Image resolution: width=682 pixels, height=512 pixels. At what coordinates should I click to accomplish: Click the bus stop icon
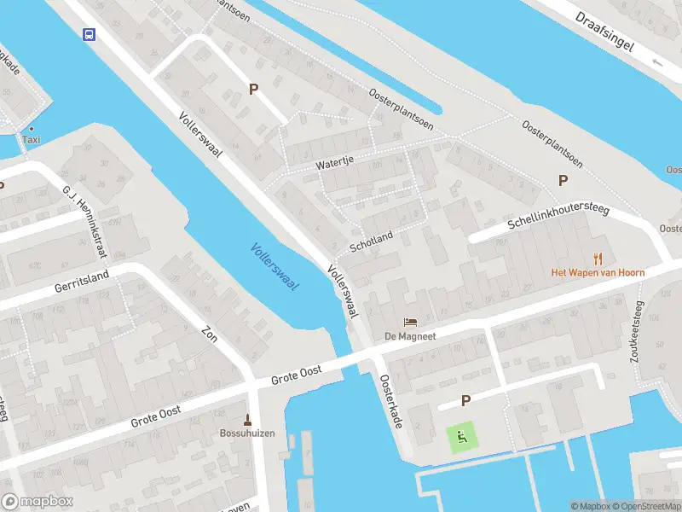[x=88, y=34]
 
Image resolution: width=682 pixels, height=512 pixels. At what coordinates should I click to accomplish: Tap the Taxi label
[x=31, y=139]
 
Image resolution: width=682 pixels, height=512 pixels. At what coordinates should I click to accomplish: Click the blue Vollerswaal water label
[x=275, y=267]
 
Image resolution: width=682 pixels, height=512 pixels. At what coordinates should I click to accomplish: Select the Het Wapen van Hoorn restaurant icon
[x=598, y=258]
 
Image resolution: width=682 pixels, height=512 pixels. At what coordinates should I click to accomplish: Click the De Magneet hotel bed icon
[x=410, y=322]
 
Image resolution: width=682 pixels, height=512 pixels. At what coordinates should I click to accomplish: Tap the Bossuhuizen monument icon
[x=248, y=419]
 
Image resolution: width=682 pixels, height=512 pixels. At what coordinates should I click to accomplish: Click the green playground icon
[x=462, y=438]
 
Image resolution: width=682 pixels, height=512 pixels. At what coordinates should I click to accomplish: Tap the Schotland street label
[x=371, y=241]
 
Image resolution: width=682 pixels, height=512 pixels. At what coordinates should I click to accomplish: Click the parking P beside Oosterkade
[x=465, y=400]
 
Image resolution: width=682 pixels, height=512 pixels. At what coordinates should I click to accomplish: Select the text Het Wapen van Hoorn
[x=597, y=272]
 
